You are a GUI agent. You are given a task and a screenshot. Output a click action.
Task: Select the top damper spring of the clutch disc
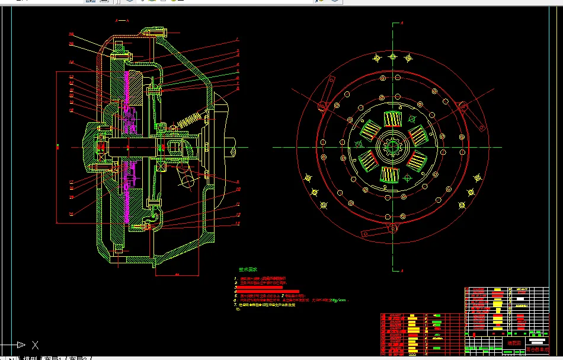tap(392, 119)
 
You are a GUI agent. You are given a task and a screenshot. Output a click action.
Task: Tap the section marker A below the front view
tap(402, 271)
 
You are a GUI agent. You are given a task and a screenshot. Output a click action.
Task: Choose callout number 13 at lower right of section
tap(237, 223)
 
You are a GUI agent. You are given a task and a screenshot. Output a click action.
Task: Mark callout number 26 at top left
tap(71, 34)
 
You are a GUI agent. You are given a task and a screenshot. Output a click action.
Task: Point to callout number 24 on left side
tap(71, 62)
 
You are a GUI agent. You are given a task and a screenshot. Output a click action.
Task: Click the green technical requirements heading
tap(248, 269)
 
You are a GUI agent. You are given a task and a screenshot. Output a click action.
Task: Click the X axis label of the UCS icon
tap(35, 345)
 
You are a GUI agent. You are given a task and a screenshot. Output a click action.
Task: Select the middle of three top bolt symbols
tap(392, 57)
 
